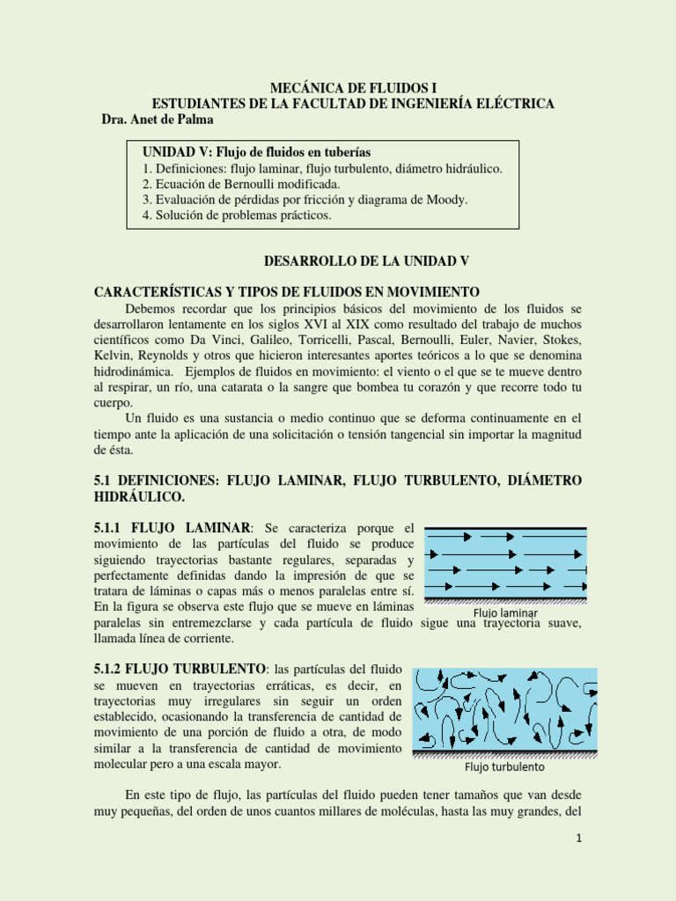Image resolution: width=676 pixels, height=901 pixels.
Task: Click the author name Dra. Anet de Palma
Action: tap(158, 120)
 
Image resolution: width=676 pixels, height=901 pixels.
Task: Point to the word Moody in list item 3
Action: tap(447, 200)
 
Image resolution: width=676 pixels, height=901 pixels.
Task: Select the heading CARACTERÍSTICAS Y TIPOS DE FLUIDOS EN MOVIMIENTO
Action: tap(286, 292)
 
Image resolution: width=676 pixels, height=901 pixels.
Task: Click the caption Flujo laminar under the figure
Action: tap(505, 612)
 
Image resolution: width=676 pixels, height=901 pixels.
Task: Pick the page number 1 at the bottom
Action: tap(580, 839)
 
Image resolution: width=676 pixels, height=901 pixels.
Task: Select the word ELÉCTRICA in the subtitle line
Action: tap(516, 104)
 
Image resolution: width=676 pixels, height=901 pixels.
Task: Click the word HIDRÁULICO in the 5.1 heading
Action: tap(139, 497)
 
